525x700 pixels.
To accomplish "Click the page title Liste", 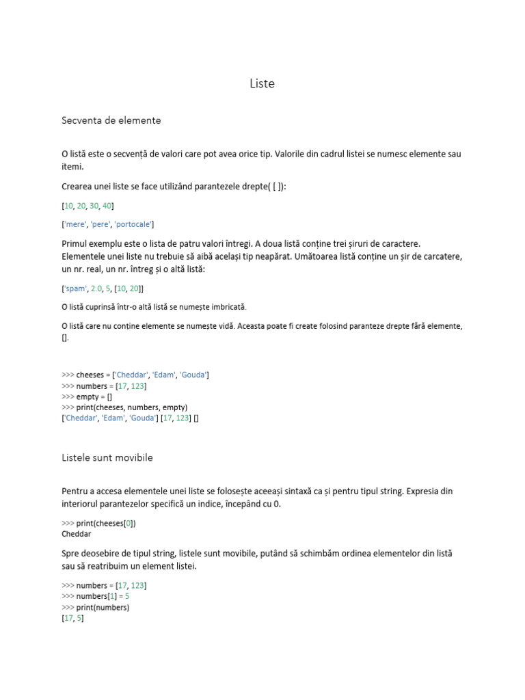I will click(262, 84).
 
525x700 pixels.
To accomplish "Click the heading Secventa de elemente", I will click(111, 120).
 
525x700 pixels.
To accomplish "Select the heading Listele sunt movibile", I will click(107, 458).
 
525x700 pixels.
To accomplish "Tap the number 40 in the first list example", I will click(107, 205).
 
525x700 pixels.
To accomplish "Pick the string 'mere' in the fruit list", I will click(73, 224).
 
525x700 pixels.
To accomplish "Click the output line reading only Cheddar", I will click(76, 534).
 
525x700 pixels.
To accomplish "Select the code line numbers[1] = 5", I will click(100, 596).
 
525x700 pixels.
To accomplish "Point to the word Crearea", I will click(77, 186).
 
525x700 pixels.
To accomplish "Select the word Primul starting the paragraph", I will click(75, 243).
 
